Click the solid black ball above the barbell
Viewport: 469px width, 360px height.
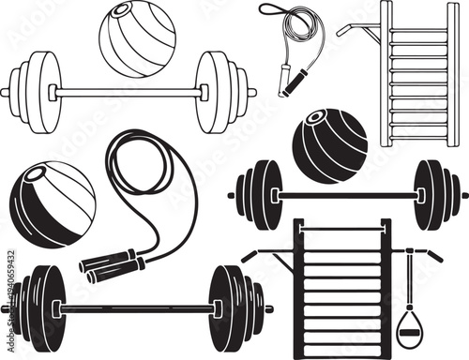tap(329, 145)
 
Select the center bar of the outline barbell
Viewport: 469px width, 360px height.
tap(129, 92)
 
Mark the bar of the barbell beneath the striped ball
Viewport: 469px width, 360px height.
tap(137, 307)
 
